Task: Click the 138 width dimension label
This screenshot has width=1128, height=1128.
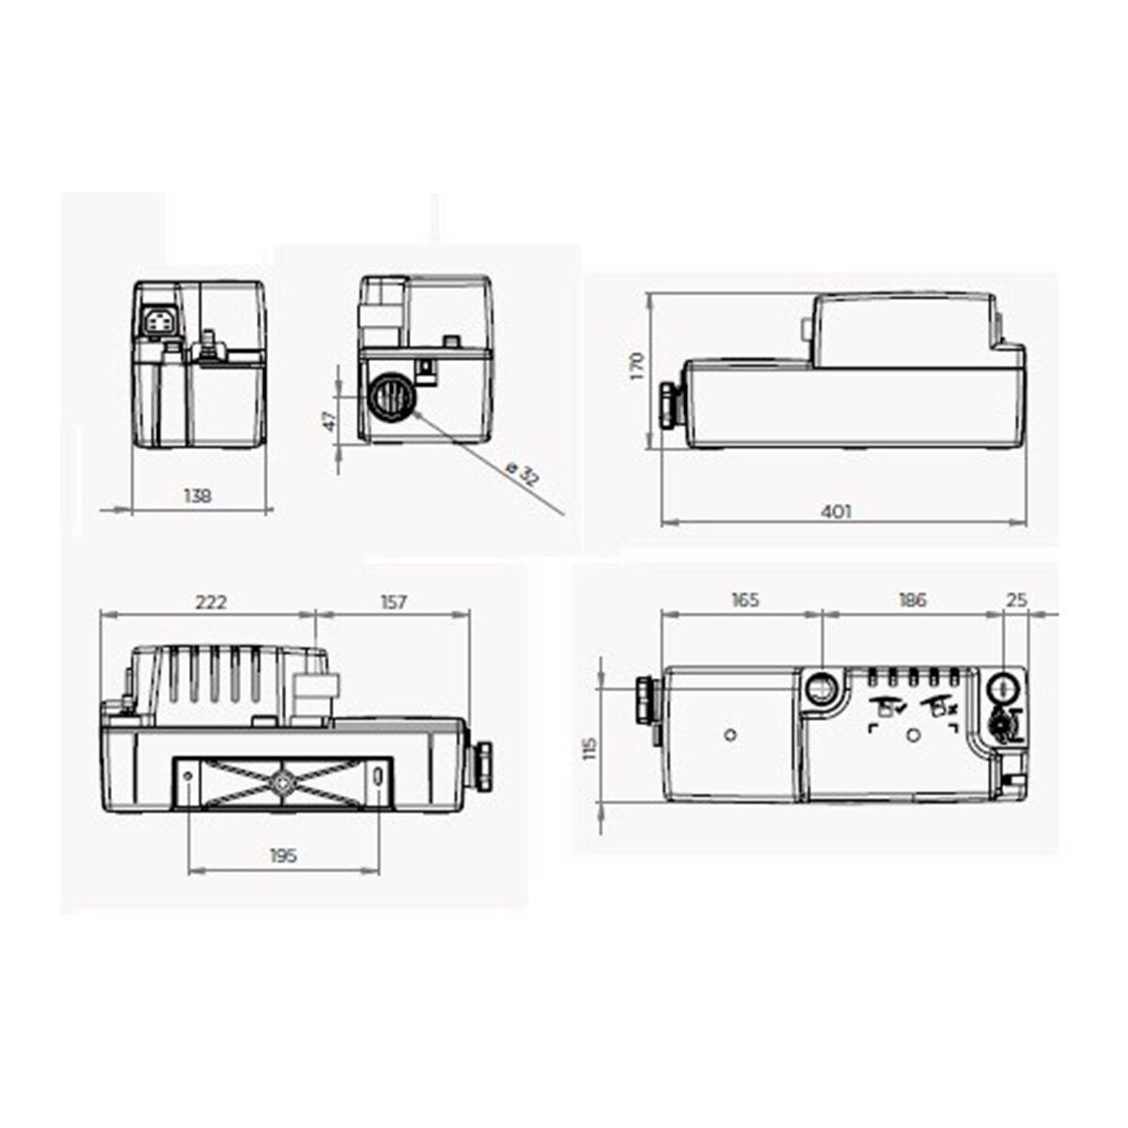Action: pyautogui.click(x=198, y=494)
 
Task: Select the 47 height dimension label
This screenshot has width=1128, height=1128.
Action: pyautogui.click(x=329, y=420)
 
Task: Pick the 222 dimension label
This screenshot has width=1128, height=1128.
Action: pyautogui.click(x=211, y=603)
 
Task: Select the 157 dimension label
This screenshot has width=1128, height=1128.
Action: pyautogui.click(x=394, y=603)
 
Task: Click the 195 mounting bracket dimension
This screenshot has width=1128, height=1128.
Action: pyautogui.click(x=283, y=855)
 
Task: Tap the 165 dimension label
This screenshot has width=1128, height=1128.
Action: pyautogui.click(x=744, y=600)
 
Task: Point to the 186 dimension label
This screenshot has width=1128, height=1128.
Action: pyautogui.click(x=912, y=600)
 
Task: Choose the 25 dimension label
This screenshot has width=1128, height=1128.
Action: pyautogui.click(x=1017, y=600)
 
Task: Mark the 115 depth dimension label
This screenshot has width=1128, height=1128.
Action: pyautogui.click(x=590, y=749)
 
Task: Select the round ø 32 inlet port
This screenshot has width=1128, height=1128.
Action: pyautogui.click(x=387, y=399)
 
